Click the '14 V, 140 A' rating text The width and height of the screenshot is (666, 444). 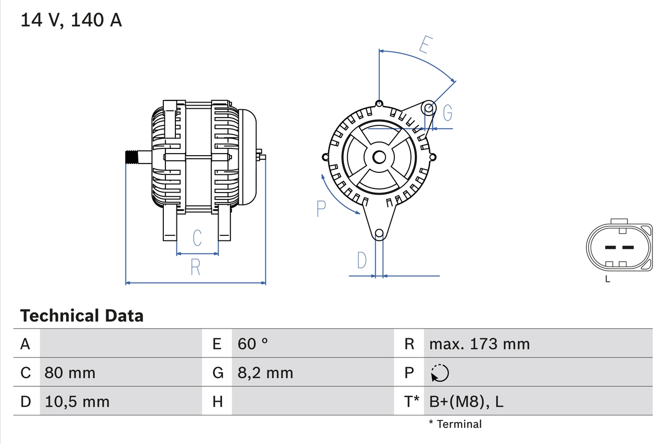pos(71,20)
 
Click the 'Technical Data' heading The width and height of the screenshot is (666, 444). pos(82,315)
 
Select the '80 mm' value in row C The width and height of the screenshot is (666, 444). pos(70,373)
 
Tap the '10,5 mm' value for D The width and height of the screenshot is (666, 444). pos(77,401)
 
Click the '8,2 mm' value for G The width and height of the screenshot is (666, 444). pos(265,373)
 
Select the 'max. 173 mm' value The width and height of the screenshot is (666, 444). pos(479,344)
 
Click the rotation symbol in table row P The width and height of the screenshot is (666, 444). pos(440,373)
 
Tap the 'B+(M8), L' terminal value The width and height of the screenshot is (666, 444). pos(466,401)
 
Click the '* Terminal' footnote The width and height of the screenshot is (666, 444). pos(455,424)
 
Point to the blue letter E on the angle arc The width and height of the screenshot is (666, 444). pos(425,46)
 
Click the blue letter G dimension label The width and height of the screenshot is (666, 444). pos(447,112)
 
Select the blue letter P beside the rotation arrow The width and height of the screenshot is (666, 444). pos(322,208)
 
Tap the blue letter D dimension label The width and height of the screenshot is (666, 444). pos(362,260)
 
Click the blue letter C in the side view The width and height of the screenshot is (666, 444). pos(197,238)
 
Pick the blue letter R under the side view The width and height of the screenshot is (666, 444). pos(196,267)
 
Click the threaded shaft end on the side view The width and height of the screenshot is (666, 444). pos(133,157)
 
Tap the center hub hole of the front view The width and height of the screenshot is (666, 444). pos(379,157)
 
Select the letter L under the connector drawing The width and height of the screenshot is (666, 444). pos(607,280)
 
